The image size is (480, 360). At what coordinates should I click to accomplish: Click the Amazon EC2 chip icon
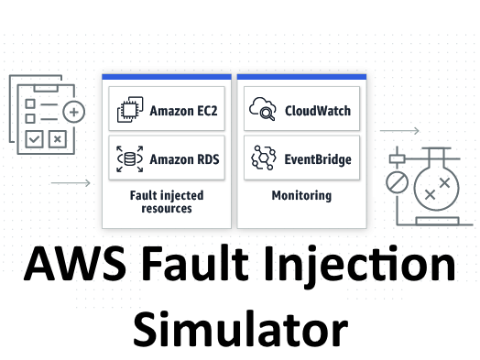pyautogui.click(x=128, y=111)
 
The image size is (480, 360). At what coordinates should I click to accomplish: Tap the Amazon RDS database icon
pyautogui.click(x=128, y=158)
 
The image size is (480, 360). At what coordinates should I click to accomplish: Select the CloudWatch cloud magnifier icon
pyautogui.click(x=264, y=111)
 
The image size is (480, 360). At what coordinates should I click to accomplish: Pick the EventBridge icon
pyautogui.click(x=264, y=158)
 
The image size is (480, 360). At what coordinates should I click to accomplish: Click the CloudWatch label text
pyautogui.click(x=317, y=111)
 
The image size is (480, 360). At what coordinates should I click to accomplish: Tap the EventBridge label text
pyautogui.click(x=317, y=158)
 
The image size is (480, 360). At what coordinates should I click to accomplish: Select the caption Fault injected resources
pyautogui.click(x=167, y=202)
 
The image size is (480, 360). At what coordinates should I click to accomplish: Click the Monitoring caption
pyautogui.click(x=301, y=195)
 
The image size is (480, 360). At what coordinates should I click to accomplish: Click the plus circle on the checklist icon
pyautogui.click(x=74, y=113)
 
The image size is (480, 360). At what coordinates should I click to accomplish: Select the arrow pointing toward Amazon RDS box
pyautogui.click(x=71, y=183)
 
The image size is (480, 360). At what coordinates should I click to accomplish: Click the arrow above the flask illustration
pyautogui.click(x=399, y=131)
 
